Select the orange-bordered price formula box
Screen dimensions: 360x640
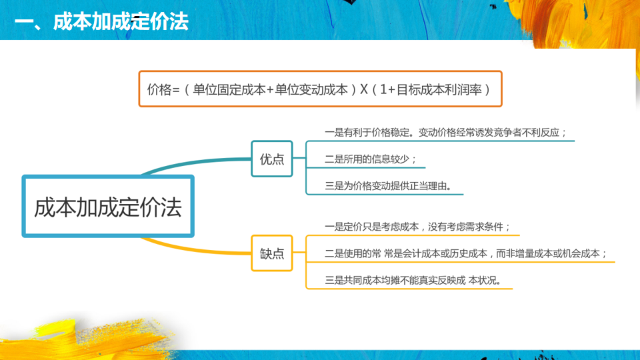click(x=320, y=89)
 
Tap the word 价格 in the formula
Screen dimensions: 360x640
click(x=159, y=89)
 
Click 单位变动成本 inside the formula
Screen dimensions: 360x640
click(x=311, y=89)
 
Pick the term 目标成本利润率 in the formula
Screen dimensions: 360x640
click(x=439, y=89)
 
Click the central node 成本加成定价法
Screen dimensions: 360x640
click(x=108, y=207)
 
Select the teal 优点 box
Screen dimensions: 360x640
click(x=272, y=159)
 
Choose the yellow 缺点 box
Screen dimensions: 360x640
click(x=272, y=253)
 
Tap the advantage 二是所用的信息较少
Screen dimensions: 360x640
click(x=370, y=159)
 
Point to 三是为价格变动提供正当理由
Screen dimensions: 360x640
click(x=388, y=186)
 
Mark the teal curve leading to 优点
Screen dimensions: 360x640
click(x=200, y=163)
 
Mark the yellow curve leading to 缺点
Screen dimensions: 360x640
click(x=200, y=248)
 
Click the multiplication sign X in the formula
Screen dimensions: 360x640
click(x=364, y=89)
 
